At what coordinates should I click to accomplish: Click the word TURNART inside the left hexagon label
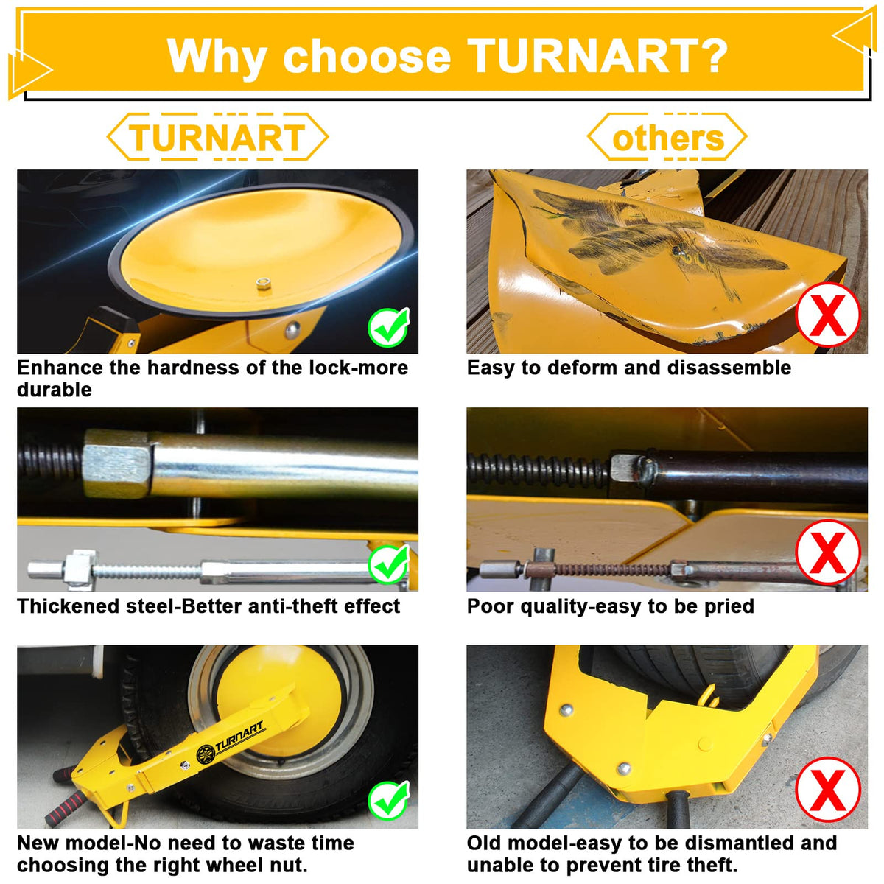tap(217, 138)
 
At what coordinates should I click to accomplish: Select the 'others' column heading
tap(668, 138)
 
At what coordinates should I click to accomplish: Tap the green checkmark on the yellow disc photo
tap(388, 327)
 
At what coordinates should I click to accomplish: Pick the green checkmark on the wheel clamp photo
tap(388, 801)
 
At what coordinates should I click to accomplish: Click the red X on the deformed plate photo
tap(827, 315)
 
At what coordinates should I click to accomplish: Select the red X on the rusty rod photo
tap(827, 552)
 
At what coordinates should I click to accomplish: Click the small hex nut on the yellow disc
tap(263, 283)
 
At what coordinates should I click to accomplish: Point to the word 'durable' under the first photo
tap(54, 390)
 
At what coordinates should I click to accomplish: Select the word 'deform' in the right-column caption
tap(588, 368)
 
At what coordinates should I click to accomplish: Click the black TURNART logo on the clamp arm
tap(230, 744)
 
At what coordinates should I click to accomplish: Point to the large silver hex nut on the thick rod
tap(116, 464)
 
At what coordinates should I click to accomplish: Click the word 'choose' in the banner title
tap(367, 57)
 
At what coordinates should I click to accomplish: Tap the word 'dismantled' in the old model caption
tap(740, 843)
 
